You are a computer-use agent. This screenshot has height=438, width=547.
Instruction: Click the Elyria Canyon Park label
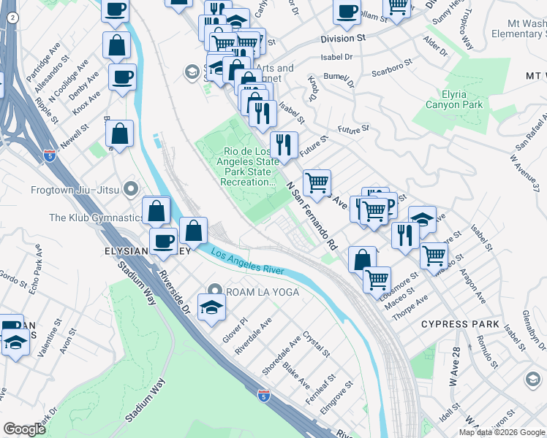(x=459, y=99)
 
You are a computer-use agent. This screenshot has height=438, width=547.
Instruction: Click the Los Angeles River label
(x=247, y=262)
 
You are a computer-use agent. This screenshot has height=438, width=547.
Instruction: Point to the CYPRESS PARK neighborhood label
(x=460, y=324)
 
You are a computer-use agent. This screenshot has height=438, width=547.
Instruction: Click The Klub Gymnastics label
(x=96, y=218)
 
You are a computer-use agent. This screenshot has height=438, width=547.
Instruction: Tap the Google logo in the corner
(x=24, y=429)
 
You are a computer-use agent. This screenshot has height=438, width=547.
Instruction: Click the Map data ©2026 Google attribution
(x=502, y=432)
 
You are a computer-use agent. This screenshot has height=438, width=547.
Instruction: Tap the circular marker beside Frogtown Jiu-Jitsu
(x=132, y=189)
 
